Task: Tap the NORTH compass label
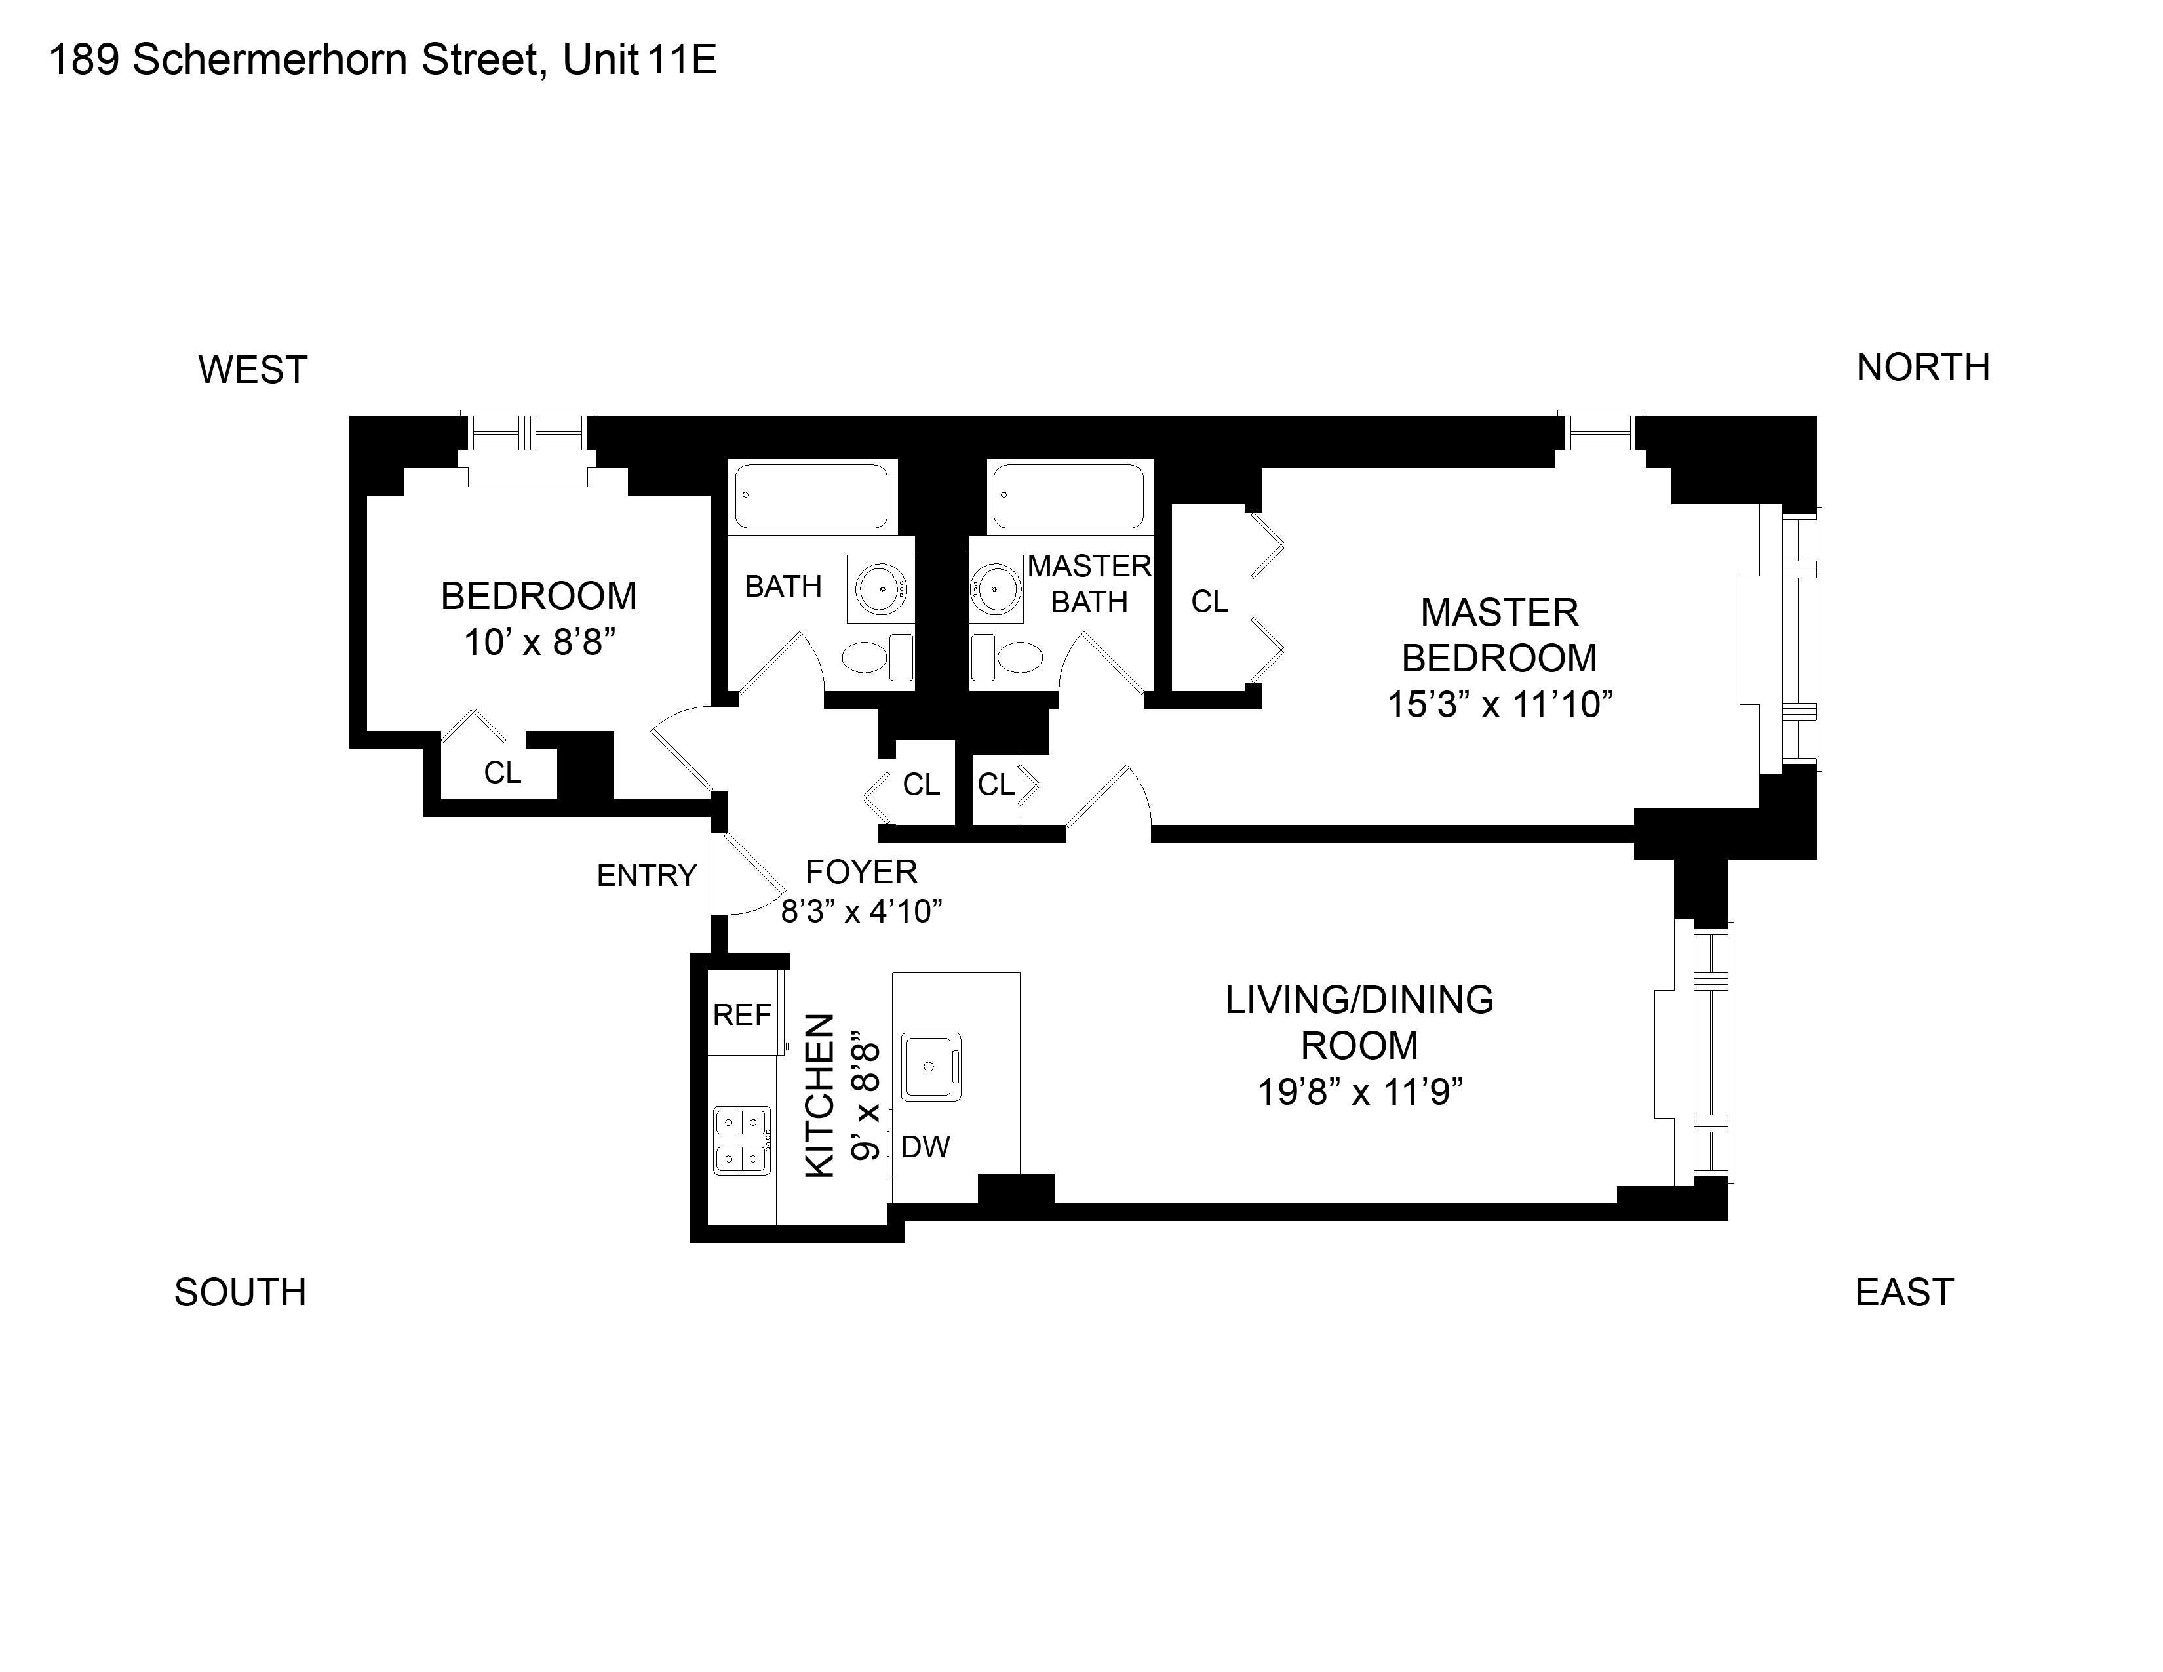pyautogui.click(x=1922, y=367)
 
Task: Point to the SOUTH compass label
pyautogui.click(x=241, y=1292)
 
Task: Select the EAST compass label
pyautogui.click(x=1903, y=1292)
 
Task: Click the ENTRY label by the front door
pyautogui.click(x=647, y=875)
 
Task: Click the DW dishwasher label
pyautogui.click(x=925, y=1147)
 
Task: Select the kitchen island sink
pyautogui.click(x=931, y=1067)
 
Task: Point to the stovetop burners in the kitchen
pyautogui.click(x=743, y=1140)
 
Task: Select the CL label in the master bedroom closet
pyautogui.click(x=1209, y=601)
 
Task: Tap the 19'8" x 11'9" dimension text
pyautogui.click(x=1360, y=1092)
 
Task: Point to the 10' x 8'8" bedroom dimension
pyautogui.click(x=539, y=643)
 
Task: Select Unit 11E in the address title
pyautogui.click(x=640, y=60)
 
